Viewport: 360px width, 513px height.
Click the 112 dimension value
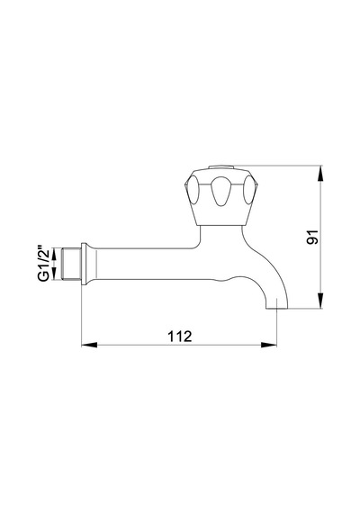[180, 336]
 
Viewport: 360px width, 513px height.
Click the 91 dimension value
[312, 237]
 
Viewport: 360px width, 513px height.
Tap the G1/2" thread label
[43, 264]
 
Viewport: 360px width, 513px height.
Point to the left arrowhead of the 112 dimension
[89, 345]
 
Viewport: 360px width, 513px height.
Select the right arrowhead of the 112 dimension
[269, 345]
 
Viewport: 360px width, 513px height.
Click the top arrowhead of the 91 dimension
[320, 174]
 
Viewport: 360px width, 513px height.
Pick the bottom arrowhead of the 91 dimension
[320, 301]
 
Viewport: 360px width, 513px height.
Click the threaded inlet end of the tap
[71, 265]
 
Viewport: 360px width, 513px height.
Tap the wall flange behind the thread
[84, 264]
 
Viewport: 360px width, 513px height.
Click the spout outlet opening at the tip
[277, 308]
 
